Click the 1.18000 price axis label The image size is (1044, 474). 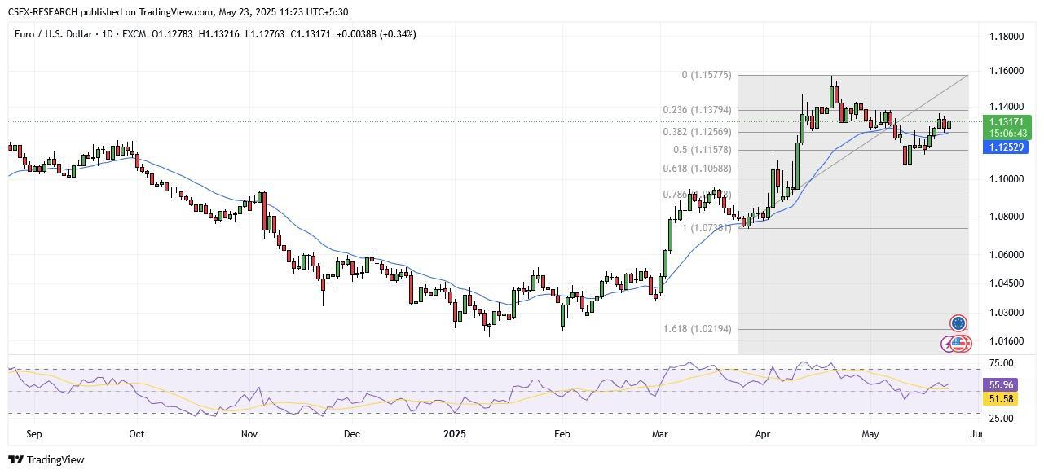pyautogui.click(x=1006, y=37)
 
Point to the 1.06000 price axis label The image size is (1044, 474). pyautogui.click(x=1006, y=254)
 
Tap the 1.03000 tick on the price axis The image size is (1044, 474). pyautogui.click(x=1006, y=313)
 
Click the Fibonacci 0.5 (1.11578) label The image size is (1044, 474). pyautogui.click(x=703, y=150)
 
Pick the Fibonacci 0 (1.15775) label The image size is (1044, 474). pyautogui.click(x=707, y=75)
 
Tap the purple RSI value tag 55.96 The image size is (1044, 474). pyautogui.click(x=1001, y=385)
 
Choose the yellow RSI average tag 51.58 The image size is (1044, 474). pyautogui.click(x=1001, y=399)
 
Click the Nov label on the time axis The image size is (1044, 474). pyautogui.click(x=249, y=434)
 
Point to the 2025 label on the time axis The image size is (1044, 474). pyautogui.click(x=455, y=434)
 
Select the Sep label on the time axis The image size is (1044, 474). pyautogui.click(x=33, y=434)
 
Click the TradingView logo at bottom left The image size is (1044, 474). pyautogui.click(x=46, y=460)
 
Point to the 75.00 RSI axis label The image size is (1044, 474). pyautogui.click(x=1001, y=363)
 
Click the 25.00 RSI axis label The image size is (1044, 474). pyautogui.click(x=1001, y=419)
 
